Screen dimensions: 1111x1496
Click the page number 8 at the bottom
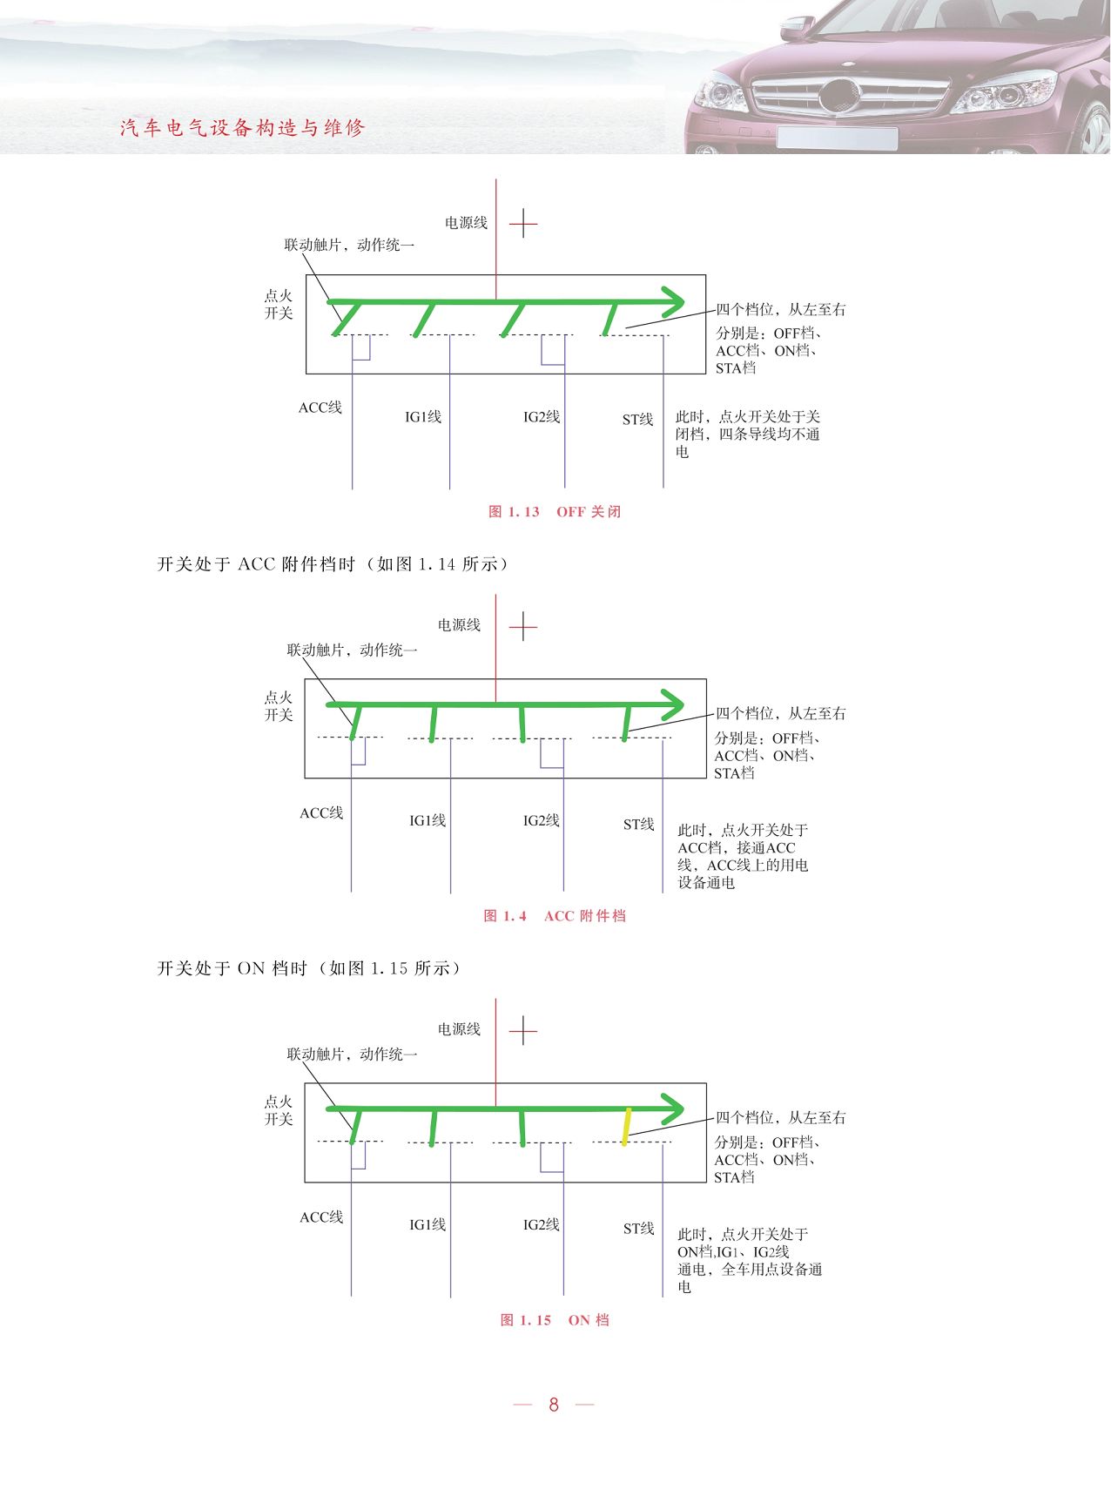point(554,1404)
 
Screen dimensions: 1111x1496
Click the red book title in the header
point(243,128)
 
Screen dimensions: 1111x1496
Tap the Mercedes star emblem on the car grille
point(838,95)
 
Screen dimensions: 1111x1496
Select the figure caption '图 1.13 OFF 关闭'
point(555,512)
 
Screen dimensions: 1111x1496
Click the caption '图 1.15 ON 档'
point(555,1320)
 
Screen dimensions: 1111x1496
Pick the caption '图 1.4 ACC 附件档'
point(555,916)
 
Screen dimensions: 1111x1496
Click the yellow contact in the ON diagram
point(626,1127)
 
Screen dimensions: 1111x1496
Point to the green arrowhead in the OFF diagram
point(673,302)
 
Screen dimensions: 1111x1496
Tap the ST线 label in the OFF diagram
point(637,420)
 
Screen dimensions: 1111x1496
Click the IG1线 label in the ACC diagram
point(428,820)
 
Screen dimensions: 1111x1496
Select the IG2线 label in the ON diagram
point(541,1224)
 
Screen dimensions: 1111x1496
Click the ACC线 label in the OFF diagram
point(320,408)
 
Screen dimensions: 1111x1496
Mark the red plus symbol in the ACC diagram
point(522,626)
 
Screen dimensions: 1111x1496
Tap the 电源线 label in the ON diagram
point(459,1029)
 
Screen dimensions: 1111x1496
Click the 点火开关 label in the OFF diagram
point(279,305)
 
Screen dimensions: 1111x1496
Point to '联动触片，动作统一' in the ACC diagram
point(353,650)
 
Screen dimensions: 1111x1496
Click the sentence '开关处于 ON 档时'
point(232,968)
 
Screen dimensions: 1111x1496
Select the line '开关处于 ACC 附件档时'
point(256,564)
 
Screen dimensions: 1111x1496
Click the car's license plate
point(837,138)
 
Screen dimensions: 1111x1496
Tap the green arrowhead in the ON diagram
point(673,1109)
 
